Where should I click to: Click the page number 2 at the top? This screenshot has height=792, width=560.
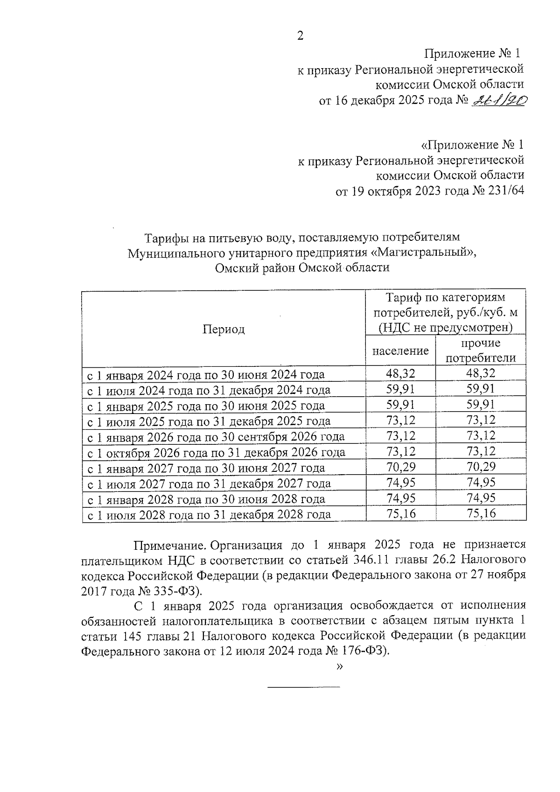click(300, 36)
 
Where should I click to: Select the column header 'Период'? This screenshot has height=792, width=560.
click(224, 329)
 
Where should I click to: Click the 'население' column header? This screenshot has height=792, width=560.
click(400, 350)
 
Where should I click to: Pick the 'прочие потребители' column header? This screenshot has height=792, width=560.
click(481, 350)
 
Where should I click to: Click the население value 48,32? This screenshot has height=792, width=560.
click(400, 373)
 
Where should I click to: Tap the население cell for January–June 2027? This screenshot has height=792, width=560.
click(400, 467)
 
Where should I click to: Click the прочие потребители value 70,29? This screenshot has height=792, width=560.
click(481, 467)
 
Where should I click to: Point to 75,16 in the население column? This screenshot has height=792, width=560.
click(400, 514)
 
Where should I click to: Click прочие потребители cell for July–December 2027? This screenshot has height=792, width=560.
click(481, 483)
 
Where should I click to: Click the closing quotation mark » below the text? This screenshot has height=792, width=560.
click(339, 666)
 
